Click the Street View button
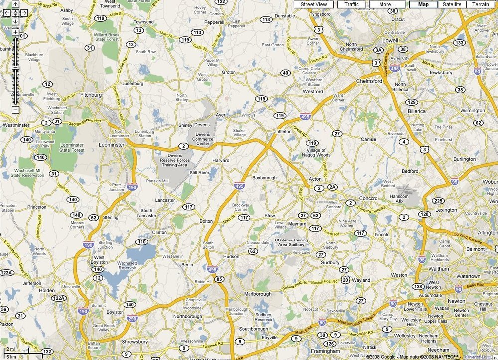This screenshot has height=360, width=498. [x=314, y=4]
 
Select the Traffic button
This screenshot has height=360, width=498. [x=351, y=4]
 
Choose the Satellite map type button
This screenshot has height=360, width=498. [x=452, y=4]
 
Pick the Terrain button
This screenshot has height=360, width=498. [x=481, y=4]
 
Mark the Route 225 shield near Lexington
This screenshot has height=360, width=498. [x=438, y=201]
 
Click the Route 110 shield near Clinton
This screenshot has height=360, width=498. [x=142, y=242]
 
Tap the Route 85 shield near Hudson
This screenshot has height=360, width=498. [x=219, y=280]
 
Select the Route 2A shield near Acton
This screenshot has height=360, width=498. [x=332, y=187]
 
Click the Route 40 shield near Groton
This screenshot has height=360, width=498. [x=285, y=73]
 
